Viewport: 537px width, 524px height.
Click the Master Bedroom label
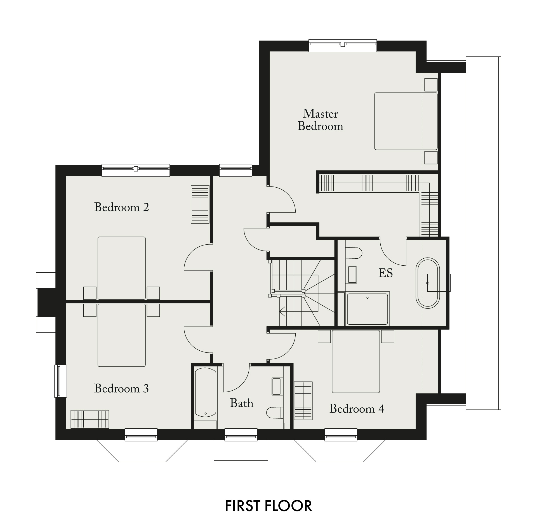click(x=321, y=120)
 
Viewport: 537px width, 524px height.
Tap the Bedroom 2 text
click(x=122, y=207)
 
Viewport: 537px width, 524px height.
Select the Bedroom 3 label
click(x=122, y=388)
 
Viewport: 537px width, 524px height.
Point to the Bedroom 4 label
click(x=357, y=409)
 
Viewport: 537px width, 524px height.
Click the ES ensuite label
click(x=385, y=273)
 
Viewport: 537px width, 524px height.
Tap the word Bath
click(x=242, y=403)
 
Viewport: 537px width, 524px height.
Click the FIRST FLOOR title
click(x=268, y=506)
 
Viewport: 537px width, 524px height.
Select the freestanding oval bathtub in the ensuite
click(x=428, y=284)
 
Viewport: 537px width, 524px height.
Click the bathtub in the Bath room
click(x=206, y=393)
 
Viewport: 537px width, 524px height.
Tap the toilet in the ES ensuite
click(x=354, y=254)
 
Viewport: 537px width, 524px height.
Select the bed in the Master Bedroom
click(x=406, y=121)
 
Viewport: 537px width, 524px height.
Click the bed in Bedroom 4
click(x=356, y=362)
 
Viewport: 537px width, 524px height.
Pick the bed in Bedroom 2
click(x=122, y=268)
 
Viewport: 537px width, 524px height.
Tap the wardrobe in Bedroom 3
click(x=90, y=419)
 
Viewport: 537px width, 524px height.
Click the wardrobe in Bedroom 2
click(x=200, y=204)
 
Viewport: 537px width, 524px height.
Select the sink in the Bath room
click(x=276, y=386)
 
